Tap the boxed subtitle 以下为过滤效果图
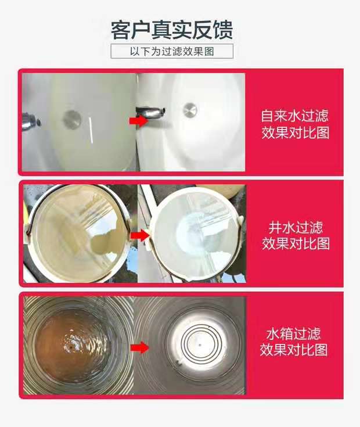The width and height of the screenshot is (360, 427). [x=172, y=51]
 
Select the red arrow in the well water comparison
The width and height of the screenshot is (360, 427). [x=137, y=235]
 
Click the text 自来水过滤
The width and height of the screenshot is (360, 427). [x=295, y=114]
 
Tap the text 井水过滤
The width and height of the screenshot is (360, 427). [x=295, y=227]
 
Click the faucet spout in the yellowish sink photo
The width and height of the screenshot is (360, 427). [x=32, y=121]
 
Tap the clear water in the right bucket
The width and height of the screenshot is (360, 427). [x=195, y=232]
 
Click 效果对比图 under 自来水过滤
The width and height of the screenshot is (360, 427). [x=295, y=132]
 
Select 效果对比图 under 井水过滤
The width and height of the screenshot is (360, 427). [x=295, y=243]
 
